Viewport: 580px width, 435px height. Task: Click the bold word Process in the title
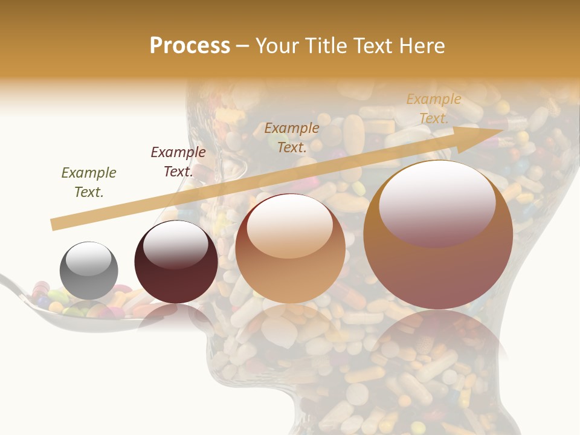coord(190,46)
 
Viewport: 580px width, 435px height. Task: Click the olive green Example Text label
coord(89,182)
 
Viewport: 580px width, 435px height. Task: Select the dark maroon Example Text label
coord(178,162)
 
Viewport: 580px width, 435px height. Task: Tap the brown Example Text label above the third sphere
coord(292,137)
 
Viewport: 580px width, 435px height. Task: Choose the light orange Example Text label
coord(434,109)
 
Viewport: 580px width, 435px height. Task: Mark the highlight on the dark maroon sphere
coord(176,243)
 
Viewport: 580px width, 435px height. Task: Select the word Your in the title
coord(275,46)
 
